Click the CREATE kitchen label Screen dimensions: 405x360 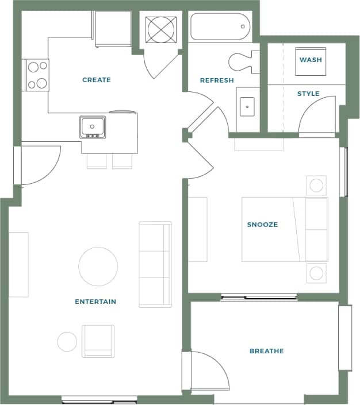(x=97, y=80)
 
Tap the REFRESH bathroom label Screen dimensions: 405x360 (x=217, y=80)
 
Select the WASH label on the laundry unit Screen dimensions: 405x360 (x=311, y=60)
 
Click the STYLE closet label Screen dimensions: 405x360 (x=308, y=94)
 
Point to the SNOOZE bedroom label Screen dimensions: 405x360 (x=262, y=225)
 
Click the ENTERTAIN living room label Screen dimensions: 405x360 (x=95, y=302)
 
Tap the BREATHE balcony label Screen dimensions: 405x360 (x=266, y=351)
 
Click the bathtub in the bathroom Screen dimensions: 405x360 (x=220, y=26)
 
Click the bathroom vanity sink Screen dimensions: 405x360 (x=247, y=106)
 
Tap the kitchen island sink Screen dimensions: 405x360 (x=93, y=126)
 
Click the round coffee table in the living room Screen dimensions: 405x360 (x=98, y=267)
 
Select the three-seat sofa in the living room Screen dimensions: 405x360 (x=155, y=264)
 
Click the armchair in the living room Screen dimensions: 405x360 (x=98, y=341)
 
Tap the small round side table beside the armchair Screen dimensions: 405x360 (x=67, y=342)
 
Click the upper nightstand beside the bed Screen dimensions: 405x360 (x=316, y=186)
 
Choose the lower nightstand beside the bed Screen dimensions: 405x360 (x=316, y=272)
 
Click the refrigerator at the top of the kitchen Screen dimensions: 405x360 (x=113, y=29)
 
